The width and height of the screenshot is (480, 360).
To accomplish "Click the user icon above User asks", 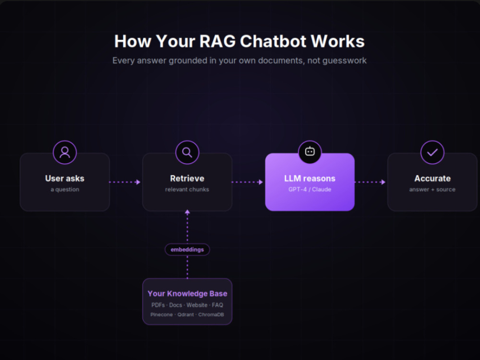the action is coord(65,152).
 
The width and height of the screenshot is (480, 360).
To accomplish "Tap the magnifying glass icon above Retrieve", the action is coord(187,152).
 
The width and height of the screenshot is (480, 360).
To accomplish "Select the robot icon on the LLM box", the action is coord(310,152).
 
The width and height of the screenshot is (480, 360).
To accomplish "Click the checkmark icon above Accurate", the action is coord(432,152).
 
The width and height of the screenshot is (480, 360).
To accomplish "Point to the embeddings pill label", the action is coord(187,250).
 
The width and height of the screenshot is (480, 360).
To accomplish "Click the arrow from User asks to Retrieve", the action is coord(125,182).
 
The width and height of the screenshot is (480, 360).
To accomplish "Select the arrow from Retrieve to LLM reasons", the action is coord(247,182).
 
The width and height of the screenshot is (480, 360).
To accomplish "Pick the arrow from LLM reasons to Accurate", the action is coord(370,182).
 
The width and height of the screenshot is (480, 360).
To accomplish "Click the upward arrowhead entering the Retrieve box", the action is coord(187,212).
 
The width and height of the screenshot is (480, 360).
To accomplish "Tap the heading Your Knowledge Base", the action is coord(187,294).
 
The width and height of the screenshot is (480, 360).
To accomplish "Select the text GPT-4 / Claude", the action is coord(310,190).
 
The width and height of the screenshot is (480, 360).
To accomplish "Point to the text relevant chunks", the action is coord(187,190).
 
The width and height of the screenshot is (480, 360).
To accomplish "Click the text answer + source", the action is coord(432,190).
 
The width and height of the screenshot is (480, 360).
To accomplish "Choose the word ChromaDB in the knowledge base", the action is coord(211,315).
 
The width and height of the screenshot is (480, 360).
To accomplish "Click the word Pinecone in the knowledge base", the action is coord(161,315).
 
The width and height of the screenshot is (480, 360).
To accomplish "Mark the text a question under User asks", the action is coord(65,190).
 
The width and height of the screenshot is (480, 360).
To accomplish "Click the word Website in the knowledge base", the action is coord(197,305).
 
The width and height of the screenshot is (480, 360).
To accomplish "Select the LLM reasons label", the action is coord(310,179).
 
